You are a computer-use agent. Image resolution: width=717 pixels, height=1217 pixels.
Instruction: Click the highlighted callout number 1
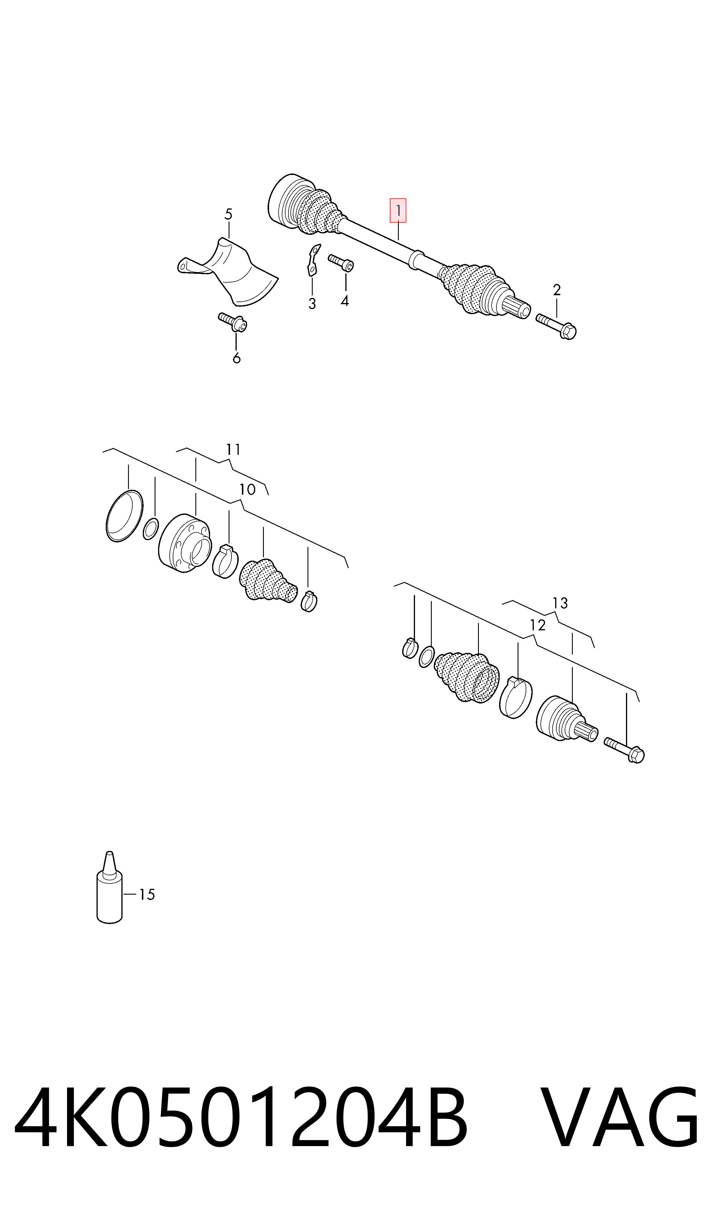pyautogui.click(x=398, y=211)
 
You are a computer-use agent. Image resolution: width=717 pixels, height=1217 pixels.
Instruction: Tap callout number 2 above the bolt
pyautogui.click(x=557, y=290)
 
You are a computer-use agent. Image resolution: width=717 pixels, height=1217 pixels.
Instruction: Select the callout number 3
pyautogui.click(x=312, y=304)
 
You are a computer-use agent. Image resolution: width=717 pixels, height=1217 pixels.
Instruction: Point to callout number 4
pyautogui.click(x=344, y=301)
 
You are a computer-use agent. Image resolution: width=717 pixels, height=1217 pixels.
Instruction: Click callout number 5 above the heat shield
pyautogui.click(x=229, y=214)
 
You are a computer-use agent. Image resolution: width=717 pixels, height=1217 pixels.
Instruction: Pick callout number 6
pyautogui.click(x=236, y=358)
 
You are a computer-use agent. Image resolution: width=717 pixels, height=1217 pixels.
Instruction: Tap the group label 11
pyautogui.click(x=233, y=450)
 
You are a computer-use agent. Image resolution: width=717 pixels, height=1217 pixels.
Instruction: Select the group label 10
pyautogui.click(x=247, y=490)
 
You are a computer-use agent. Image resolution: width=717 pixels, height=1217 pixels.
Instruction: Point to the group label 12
pyautogui.click(x=538, y=625)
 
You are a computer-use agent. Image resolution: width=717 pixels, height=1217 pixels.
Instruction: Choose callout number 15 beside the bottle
pyautogui.click(x=147, y=895)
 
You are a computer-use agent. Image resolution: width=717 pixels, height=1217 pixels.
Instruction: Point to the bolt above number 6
pyautogui.click(x=233, y=322)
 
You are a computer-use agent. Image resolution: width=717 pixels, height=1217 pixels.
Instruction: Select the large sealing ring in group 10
pyautogui.click(x=124, y=516)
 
